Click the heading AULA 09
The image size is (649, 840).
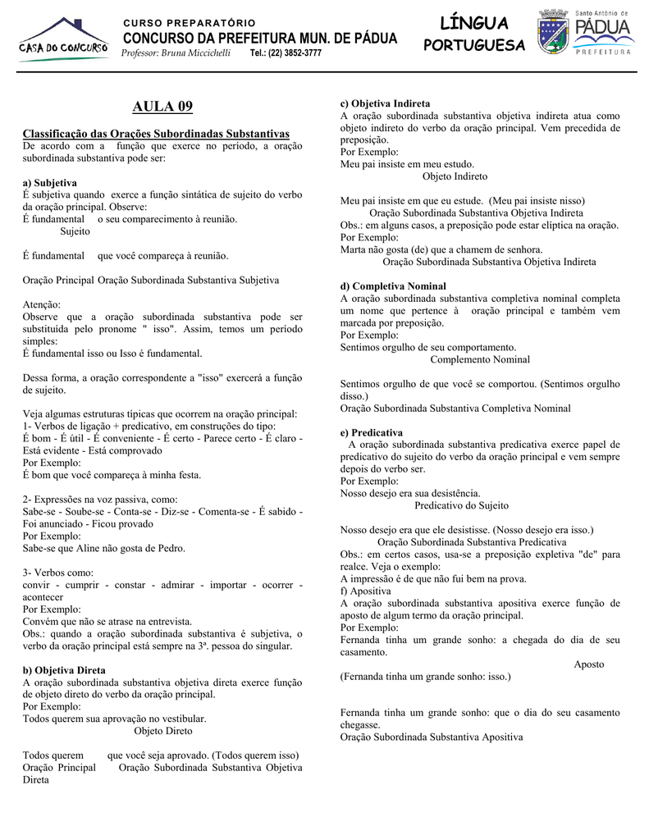tap(162, 107)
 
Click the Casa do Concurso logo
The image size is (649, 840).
tap(63, 41)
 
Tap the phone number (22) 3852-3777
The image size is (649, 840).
tap(286, 53)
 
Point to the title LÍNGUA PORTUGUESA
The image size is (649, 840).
tap(473, 34)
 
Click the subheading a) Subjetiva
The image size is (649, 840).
tap(50, 182)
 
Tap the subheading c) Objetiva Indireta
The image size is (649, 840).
tap(385, 104)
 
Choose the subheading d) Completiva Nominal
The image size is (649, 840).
tap(393, 286)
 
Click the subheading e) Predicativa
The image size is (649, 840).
tap(372, 432)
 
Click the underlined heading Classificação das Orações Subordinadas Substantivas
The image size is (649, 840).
tap(156, 134)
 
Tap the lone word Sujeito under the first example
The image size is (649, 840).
tap(75, 231)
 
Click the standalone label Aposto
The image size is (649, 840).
tap(588, 664)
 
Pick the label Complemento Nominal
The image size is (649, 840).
tap(480, 359)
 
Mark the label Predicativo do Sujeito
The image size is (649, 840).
tap(461, 505)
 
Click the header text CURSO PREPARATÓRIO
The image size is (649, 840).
tap(189, 22)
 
